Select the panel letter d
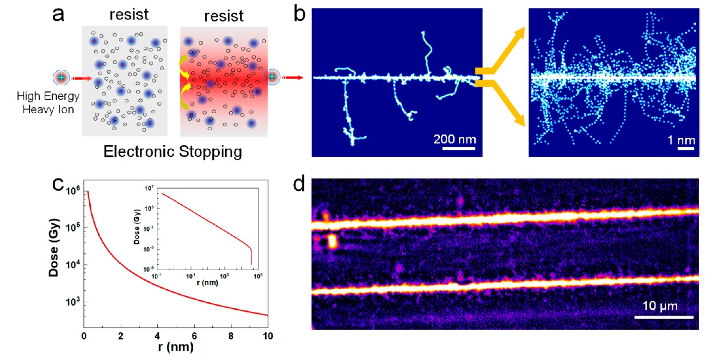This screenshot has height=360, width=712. point(300,187)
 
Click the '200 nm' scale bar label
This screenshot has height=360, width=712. point(454,139)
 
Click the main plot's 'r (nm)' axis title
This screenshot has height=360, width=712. point(175,347)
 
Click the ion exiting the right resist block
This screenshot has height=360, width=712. point(272,77)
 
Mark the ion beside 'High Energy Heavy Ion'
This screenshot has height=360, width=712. point(61,77)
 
